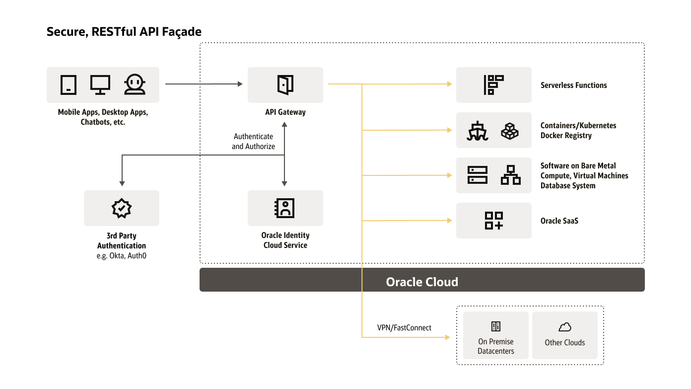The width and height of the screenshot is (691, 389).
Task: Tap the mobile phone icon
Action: tap(69, 84)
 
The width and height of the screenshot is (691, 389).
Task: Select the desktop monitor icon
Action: tap(100, 84)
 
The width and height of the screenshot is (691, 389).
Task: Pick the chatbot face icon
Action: tap(135, 84)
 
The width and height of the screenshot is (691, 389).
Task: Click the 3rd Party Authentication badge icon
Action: tap(122, 208)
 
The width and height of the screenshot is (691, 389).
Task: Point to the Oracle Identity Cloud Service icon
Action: tap(285, 208)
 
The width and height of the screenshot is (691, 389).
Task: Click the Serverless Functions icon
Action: tap(493, 85)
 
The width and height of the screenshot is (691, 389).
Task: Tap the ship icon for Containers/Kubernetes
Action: tap(478, 131)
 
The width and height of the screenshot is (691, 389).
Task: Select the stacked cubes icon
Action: tap(510, 131)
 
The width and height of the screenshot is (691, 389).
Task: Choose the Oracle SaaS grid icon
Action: tap(493, 221)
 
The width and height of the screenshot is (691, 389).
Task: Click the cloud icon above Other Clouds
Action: tap(565, 327)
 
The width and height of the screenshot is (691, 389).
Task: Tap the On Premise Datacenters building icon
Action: tap(495, 326)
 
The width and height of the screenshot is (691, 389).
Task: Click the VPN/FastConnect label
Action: tap(404, 328)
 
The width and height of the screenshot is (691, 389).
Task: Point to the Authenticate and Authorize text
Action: tap(253, 141)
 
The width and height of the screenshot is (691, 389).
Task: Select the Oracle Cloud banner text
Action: tap(422, 282)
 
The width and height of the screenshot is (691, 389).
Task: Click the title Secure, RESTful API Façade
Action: tap(124, 32)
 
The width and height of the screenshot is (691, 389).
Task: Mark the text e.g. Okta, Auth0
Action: tap(122, 255)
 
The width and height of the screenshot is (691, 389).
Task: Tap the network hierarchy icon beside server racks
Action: tap(511, 175)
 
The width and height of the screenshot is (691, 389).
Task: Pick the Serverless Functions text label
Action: tap(573, 85)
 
